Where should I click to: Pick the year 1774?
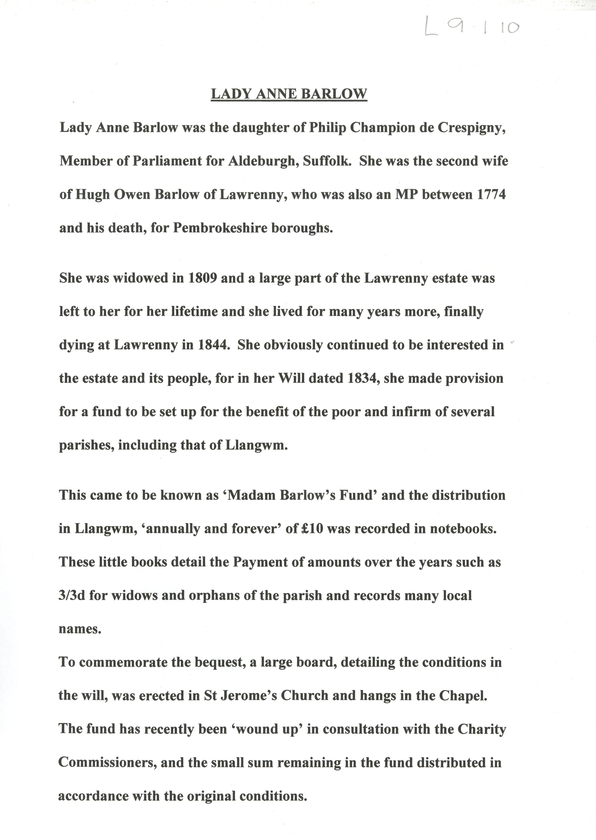491,194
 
